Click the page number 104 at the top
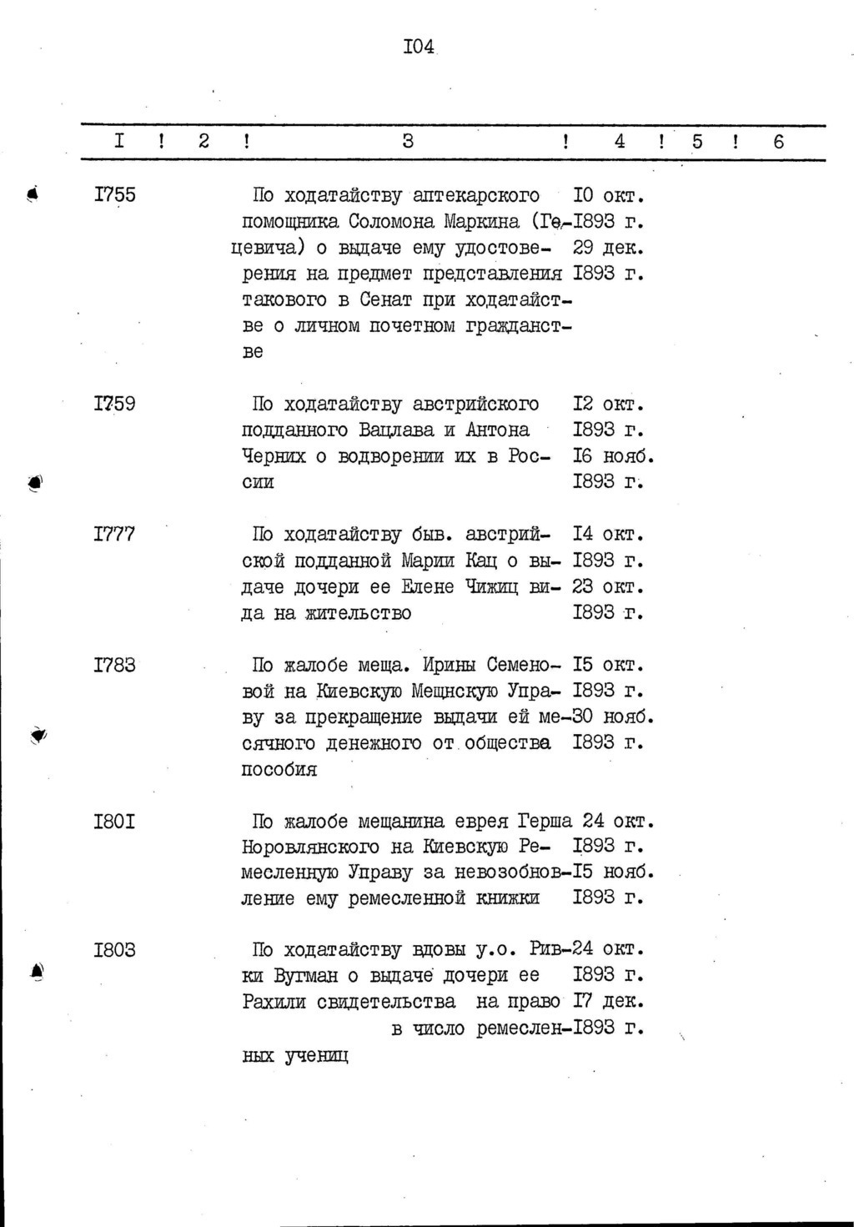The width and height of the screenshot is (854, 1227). click(x=419, y=47)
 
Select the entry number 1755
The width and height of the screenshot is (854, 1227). click(x=115, y=196)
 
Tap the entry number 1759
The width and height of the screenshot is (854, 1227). click(x=115, y=405)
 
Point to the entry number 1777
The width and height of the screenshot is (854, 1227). click(x=115, y=535)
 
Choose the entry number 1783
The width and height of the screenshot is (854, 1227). click(x=115, y=666)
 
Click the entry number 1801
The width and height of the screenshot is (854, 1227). click(x=115, y=822)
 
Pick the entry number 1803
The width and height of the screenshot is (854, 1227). click(x=115, y=950)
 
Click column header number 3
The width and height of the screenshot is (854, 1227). click(x=408, y=142)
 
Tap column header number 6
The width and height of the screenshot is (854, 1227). click(x=779, y=142)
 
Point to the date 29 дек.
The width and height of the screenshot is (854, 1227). click(x=610, y=249)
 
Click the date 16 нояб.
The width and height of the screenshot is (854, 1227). click(x=613, y=457)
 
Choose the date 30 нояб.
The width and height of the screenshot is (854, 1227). click(x=613, y=717)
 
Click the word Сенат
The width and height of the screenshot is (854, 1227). click(x=390, y=300)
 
